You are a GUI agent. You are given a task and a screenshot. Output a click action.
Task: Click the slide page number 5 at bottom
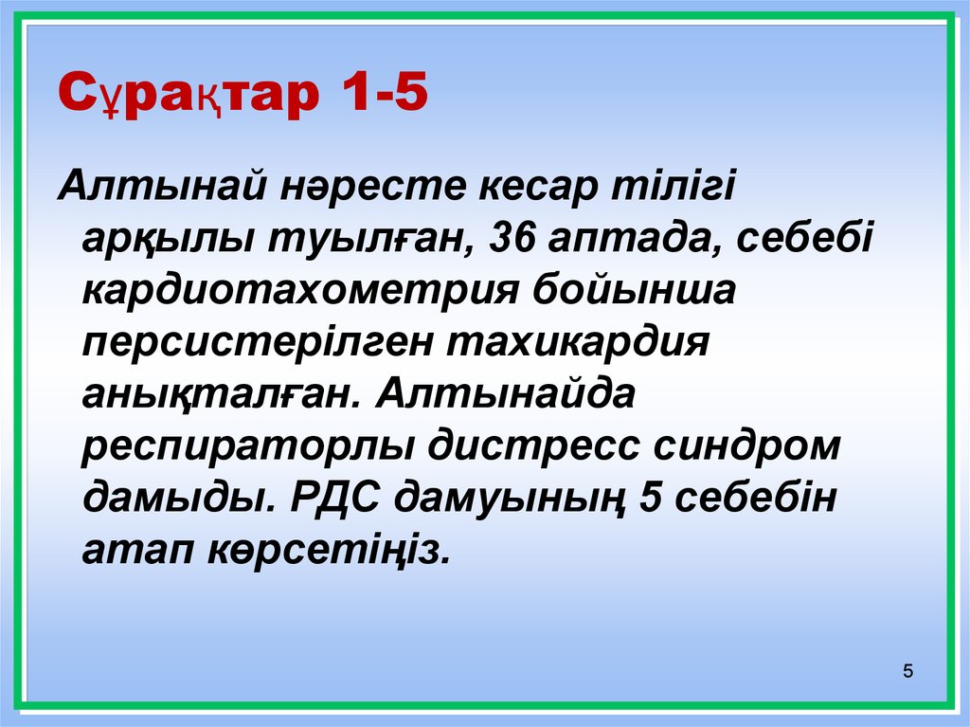tap(908, 673)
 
